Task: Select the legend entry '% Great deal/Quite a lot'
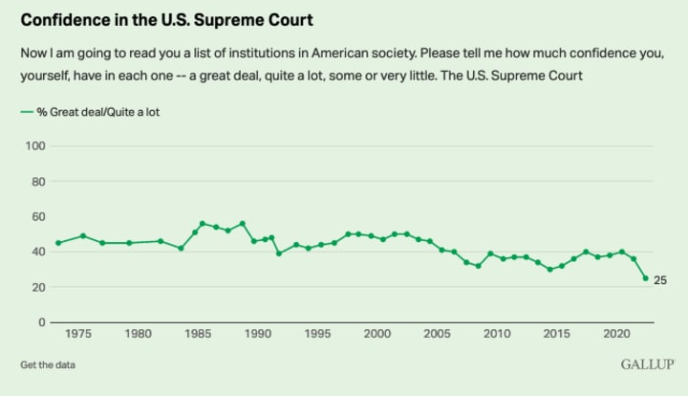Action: tap(91, 112)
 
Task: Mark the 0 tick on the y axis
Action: tap(43, 322)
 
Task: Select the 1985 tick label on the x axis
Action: tap(198, 335)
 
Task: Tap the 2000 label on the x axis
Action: tap(377, 335)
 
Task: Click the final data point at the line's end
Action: tap(645, 278)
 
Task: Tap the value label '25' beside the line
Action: tap(659, 279)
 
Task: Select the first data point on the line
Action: tap(58, 243)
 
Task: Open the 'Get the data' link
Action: tap(48, 364)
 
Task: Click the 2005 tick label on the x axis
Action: tap(437, 335)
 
